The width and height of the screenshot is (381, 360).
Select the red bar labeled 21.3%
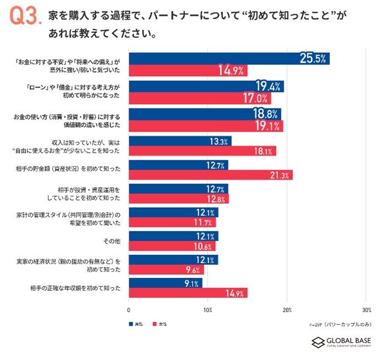pos(210,175)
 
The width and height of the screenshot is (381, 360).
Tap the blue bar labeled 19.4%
pos(206,86)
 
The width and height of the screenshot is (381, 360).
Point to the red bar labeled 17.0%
pos(199,99)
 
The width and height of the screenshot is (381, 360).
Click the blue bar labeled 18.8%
pos(205,113)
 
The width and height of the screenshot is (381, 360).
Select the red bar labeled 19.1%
pos(205,126)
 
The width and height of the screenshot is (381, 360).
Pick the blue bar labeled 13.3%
pos(179,141)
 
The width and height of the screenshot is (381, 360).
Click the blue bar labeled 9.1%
pos(165,283)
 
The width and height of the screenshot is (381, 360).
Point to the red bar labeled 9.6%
pos(166,270)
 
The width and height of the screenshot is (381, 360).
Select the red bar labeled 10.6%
pos(171,247)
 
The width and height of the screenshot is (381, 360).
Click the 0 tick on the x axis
pos(129,309)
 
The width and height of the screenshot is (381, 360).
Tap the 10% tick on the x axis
pos(208,309)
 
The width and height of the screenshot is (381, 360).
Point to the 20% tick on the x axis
pos(286,309)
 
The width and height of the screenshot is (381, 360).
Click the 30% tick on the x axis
pos(365,309)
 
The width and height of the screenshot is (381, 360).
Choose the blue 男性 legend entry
pos(135,324)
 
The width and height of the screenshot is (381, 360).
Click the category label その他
pos(112,240)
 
